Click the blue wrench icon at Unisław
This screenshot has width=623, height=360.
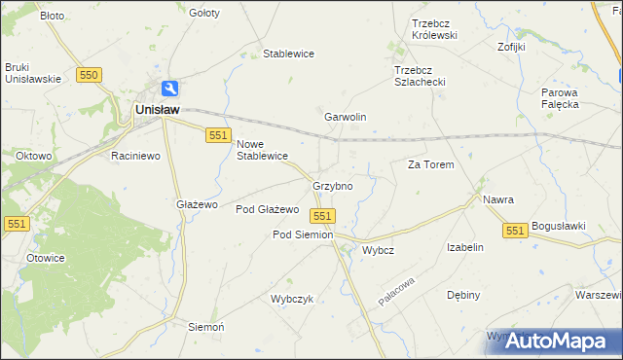tap(170, 88)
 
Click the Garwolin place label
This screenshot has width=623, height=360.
tap(345, 117)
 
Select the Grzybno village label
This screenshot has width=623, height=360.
tap(332, 185)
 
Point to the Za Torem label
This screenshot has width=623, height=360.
tap(430, 165)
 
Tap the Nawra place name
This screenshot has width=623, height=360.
tap(497, 199)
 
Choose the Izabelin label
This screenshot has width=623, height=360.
tap(464, 247)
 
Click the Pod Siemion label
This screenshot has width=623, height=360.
tap(302, 234)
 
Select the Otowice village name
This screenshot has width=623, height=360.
tap(45, 258)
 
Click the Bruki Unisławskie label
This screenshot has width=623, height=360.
tap(32, 73)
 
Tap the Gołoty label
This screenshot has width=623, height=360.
tap(204, 14)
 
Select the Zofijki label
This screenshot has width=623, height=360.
tap(511, 46)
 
